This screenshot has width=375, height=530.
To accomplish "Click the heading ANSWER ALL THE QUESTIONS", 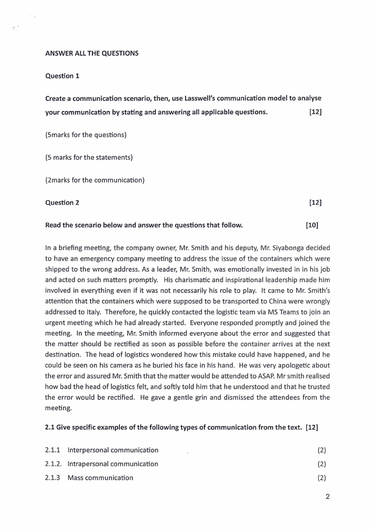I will point(92,53).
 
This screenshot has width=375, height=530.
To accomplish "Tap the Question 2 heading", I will point(62,203).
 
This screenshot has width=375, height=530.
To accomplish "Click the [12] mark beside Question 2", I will point(315,203).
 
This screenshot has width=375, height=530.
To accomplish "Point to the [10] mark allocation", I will point(312,225).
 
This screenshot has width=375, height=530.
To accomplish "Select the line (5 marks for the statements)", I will point(89,157).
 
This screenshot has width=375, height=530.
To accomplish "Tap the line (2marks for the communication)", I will point(94,180).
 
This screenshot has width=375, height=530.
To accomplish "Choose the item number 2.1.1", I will point(53,450).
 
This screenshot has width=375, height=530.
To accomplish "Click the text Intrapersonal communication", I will point(113,464).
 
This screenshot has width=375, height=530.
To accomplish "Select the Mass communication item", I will point(100,478).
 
